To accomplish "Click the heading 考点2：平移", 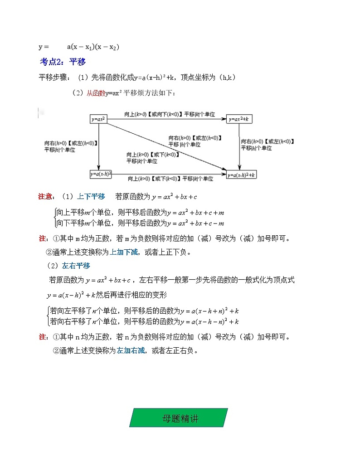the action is pos(63,62).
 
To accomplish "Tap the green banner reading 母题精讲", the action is pos(179,417).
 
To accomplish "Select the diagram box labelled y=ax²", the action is pos(98,119).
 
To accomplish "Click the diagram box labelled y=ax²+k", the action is pos(240,119).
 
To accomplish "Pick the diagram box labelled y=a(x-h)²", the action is pos(101,174).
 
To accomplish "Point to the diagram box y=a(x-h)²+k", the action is pos(242,175).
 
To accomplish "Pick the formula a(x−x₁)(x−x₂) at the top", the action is pos(93,47).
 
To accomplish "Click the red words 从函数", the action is pos(96,93).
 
